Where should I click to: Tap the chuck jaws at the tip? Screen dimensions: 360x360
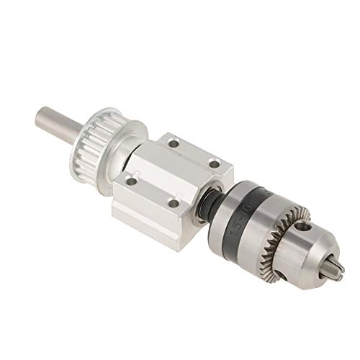[336, 269]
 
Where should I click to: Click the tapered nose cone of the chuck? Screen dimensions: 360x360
[317, 252]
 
